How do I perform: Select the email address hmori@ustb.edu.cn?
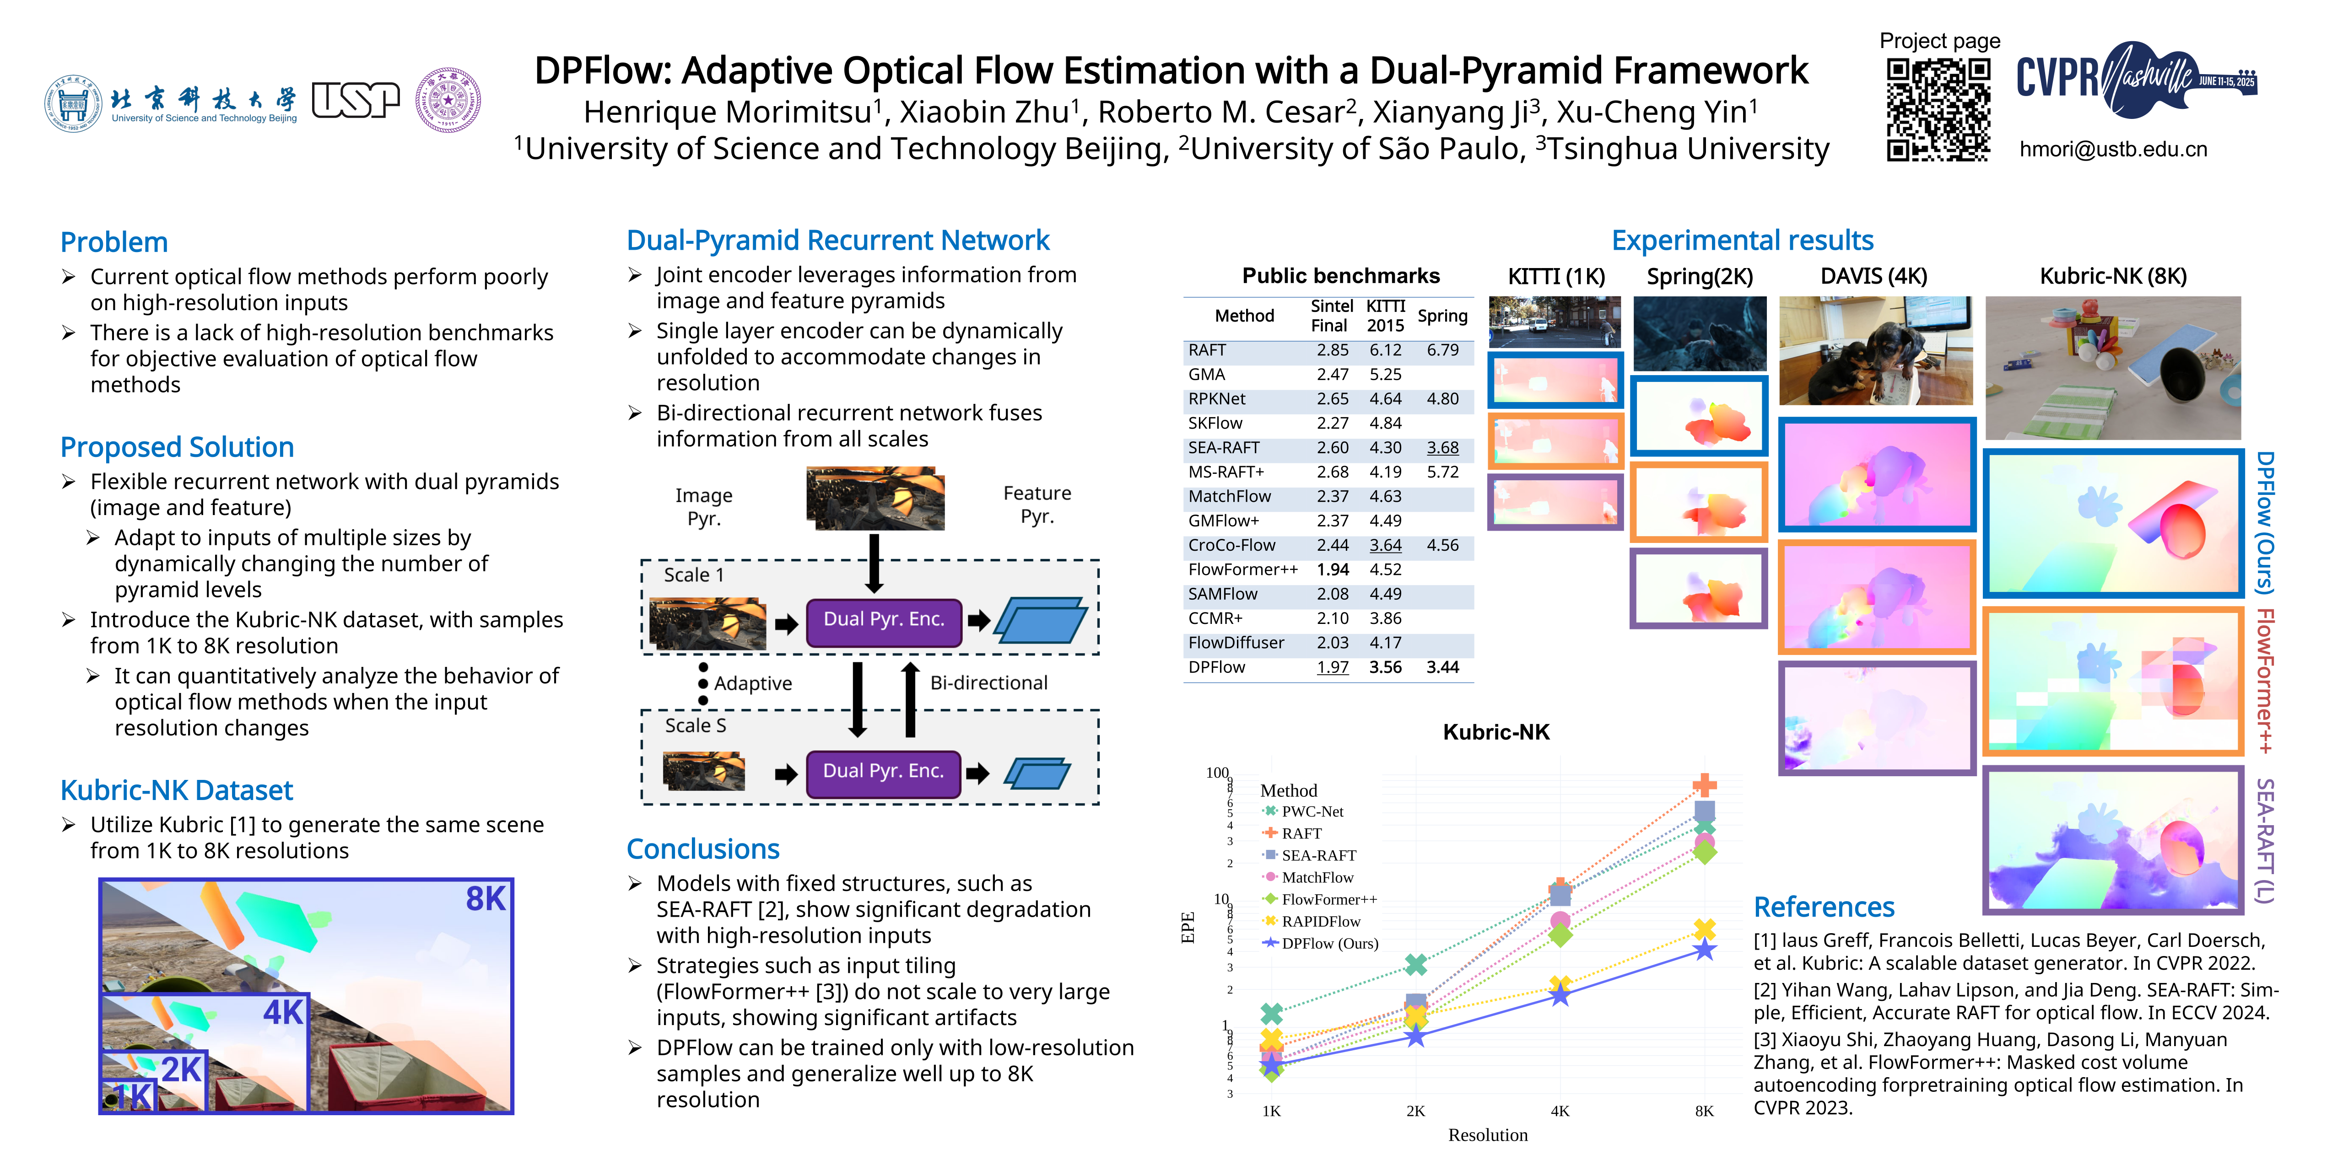coord(2113,149)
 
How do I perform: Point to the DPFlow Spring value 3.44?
coord(1442,667)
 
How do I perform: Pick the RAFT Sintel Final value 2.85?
coord(1333,350)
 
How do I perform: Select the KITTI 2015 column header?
coord(1385,316)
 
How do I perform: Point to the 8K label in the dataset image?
coord(485,899)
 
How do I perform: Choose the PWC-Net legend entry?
coord(1312,811)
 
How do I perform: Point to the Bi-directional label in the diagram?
coord(988,683)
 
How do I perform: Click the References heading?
coord(1824,908)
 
